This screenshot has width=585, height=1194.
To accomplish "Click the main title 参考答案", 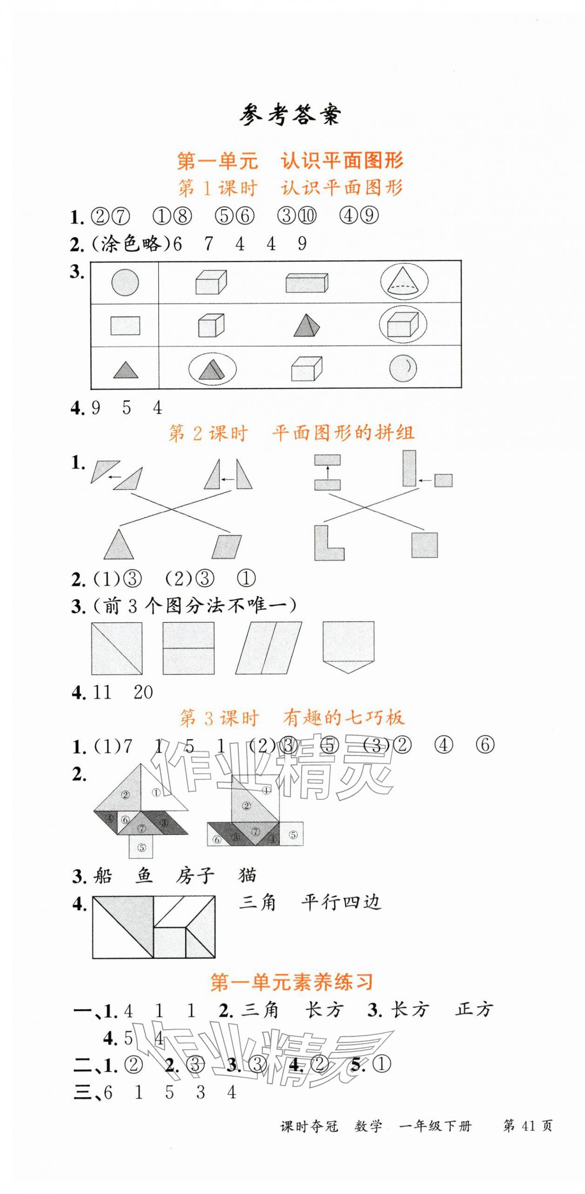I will pos(290,115).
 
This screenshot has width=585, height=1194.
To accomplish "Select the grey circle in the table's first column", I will pos(125,282).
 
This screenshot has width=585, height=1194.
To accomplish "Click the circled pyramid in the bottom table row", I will pos(212,369).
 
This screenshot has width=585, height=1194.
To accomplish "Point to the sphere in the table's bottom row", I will pos(403,368).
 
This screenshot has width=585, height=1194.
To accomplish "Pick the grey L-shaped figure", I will pos(328,544).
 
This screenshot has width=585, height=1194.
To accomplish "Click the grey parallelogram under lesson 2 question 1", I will pos(227,546).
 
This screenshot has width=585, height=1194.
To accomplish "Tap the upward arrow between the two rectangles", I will pos(327,472).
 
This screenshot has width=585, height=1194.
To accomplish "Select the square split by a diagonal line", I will pos(116,648).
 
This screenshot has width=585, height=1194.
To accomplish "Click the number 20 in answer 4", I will pos(143,693).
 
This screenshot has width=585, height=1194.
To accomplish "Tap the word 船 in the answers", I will pos(102,876).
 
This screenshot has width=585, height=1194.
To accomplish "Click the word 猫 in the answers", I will pos(247,875).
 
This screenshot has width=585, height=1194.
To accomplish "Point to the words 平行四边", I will pos(341,903).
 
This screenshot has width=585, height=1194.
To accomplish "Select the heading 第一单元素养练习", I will pos(291,982).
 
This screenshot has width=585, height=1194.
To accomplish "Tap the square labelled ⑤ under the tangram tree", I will pos(141,847).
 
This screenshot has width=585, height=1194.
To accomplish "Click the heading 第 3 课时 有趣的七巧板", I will pos(292,718).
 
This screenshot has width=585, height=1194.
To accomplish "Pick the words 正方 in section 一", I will pos(474,1010).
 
